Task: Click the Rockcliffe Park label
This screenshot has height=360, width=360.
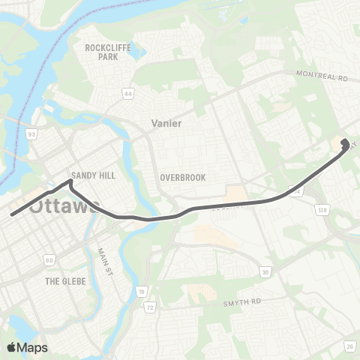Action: tap(102, 52)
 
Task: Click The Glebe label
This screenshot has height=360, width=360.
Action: tap(65, 280)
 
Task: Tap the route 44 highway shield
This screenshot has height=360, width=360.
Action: tap(128, 94)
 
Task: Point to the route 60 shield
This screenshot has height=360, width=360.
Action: tap(49, 259)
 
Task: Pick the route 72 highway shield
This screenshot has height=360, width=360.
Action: tap(150, 307)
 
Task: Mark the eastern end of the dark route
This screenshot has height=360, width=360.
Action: tap(343, 142)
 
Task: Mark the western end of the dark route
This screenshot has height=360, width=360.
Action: tap(12, 215)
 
